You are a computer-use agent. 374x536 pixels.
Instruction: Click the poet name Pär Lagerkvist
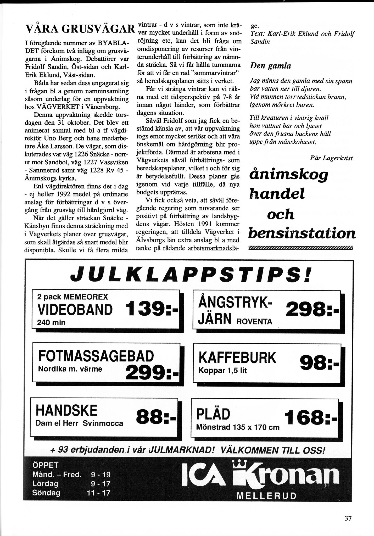(x=331, y=158)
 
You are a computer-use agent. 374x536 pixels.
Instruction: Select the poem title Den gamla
(x=270, y=66)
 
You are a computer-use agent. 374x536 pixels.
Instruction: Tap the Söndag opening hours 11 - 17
(x=99, y=493)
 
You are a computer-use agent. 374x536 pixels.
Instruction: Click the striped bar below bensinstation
(x=301, y=248)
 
